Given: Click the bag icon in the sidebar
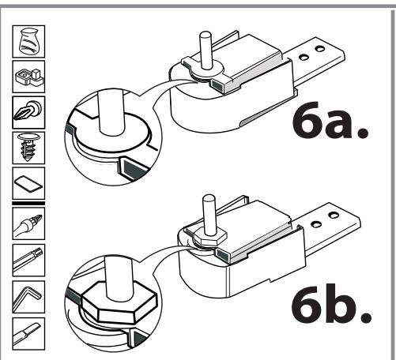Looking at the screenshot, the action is pyautogui.click(x=28, y=42).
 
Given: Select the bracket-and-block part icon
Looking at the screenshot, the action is pyautogui.click(x=28, y=77).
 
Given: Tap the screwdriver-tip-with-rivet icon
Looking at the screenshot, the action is pyautogui.click(x=28, y=112).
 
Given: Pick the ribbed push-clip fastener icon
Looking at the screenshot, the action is pyautogui.click(x=28, y=148).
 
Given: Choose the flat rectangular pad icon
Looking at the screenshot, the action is pyautogui.click(x=28, y=183).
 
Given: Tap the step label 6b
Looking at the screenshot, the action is pyautogui.click(x=331, y=303).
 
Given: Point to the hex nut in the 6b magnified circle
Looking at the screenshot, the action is pyautogui.click(x=119, y=302).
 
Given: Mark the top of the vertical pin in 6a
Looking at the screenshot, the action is pyautogui.click(x=206, y=35).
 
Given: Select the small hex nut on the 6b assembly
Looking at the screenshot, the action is pyautogui.click(x=209, y=236).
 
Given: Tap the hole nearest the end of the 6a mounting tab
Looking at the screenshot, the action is pyautogui.click(x=320, y=49).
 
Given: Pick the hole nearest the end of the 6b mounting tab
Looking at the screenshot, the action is pyautogui.click(x=334, y=216).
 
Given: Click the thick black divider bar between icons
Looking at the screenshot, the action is pyautogui.click(x=28, y=203).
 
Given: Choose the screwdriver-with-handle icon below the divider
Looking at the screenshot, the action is pyautogui.click(x=28, y=223).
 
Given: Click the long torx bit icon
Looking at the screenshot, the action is pyautogui.click(x=28, y=261).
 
